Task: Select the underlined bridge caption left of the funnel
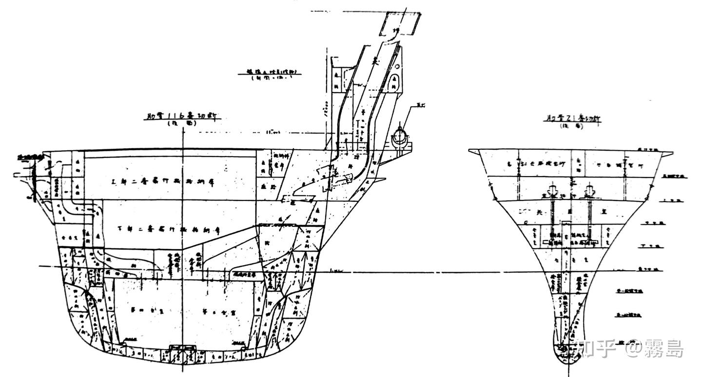[270, 72]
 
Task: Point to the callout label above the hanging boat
[415, 104]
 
